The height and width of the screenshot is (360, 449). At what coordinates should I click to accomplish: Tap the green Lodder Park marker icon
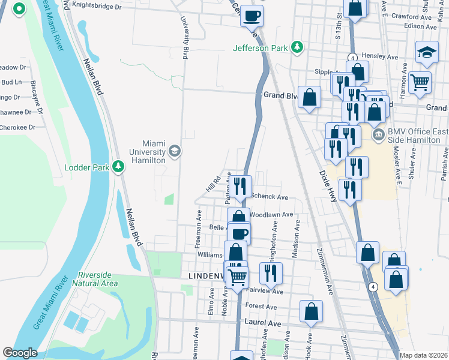[119, 167]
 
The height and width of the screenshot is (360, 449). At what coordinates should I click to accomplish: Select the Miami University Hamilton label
[145, 152]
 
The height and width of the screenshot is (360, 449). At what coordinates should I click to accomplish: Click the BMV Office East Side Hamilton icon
[378, 133]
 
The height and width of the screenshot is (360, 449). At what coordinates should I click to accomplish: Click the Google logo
[20, 353]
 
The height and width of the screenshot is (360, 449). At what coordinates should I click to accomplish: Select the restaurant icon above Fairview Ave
[271, 273]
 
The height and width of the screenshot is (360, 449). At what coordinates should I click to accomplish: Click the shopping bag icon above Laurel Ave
[311, 311]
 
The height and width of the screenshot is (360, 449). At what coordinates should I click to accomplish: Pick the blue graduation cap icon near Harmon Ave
[427, 52]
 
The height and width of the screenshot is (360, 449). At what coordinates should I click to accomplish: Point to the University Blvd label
[185, 36]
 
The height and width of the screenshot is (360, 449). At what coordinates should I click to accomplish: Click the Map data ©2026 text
[423, 355]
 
